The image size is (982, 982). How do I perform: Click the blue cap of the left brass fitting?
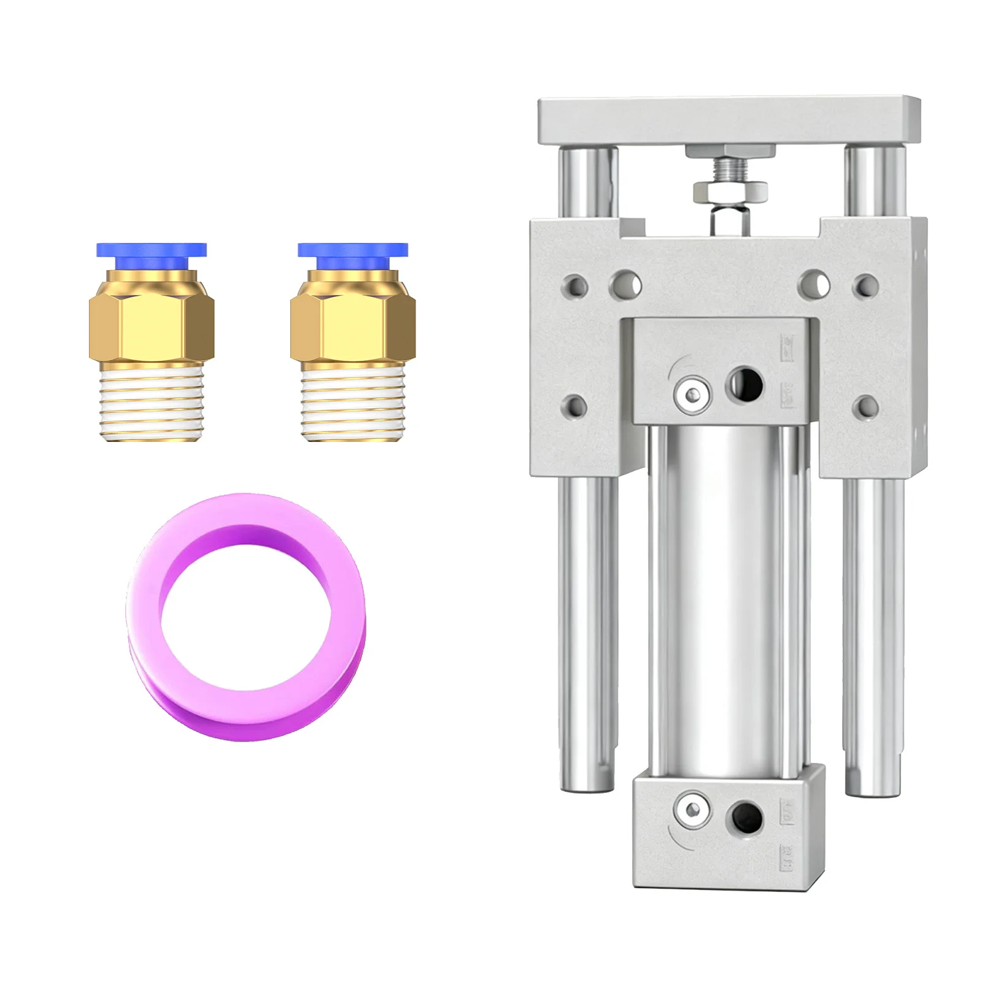click(x=152, y=250)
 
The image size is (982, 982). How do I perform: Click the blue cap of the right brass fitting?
click(x=353, y=250)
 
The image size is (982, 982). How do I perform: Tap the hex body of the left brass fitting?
click(x=152, y=326)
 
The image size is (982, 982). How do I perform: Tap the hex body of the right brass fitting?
click(x=353, y=326)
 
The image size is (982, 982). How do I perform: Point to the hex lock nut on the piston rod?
click(x=730, y=191)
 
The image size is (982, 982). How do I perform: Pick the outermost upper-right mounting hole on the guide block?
click(x=866, y=285)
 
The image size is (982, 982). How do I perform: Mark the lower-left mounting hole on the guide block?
click(x=575, y=406)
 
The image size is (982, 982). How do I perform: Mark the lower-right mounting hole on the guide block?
click(x=866, y=406)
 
